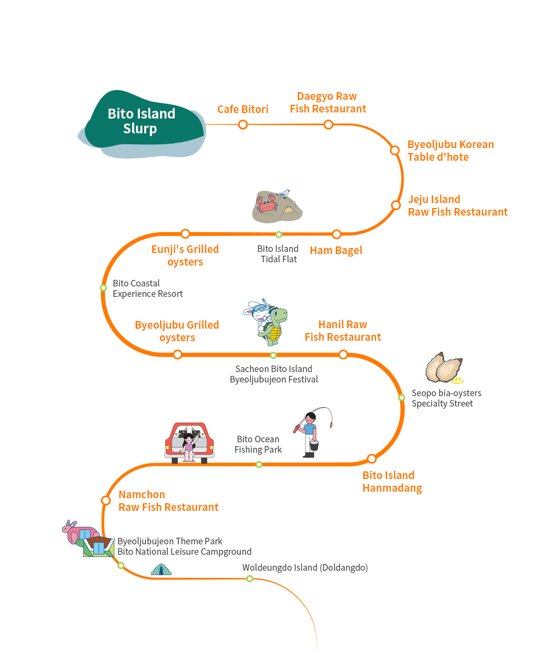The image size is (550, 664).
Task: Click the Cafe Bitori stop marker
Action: (x=243, y=125)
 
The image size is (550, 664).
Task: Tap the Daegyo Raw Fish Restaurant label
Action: (x=327, y=103)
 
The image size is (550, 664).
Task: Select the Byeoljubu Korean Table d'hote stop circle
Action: (x=395, y=150)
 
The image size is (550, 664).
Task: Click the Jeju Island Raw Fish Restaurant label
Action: (x=457, y=205)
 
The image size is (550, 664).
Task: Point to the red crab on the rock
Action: (x=267, y=203)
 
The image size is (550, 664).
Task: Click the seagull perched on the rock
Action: (x=283, y=194)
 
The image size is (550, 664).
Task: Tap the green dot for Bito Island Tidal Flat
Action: (x=279, y=235)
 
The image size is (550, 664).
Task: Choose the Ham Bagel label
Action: (x=336, y=251)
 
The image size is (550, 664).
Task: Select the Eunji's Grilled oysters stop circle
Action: (x=185, y=234)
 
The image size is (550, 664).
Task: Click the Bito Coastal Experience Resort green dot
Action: (x=103, y=288)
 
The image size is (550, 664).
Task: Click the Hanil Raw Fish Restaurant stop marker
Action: (x=343, y=354)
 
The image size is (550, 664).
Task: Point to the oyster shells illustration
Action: (x=444, y=367)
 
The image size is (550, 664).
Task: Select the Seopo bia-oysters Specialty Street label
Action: (x=446, y=398)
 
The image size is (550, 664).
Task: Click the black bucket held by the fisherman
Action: (x=314, y=445)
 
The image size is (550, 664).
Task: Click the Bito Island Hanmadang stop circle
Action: (x=372, y=459)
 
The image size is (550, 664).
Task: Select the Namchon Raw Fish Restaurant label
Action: (x=168, y=501)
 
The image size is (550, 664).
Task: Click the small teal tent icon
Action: (x=161, y=569)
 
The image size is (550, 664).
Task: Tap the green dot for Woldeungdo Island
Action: (x=250, y=578)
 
